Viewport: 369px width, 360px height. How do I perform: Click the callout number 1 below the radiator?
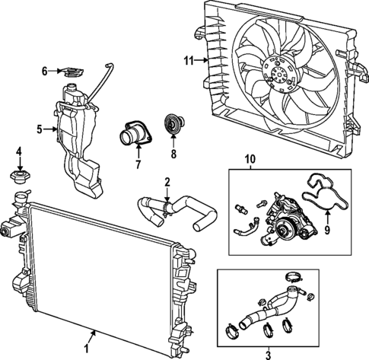pyautogui.click(x=85, y=348)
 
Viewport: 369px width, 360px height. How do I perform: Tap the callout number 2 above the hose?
pyautogui.click(x=167, y=183)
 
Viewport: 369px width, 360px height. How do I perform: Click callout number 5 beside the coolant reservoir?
pyautogui.click(x=39, y=129)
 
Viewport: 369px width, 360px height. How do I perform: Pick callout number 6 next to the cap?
pyautogui.click(x=45, y=72)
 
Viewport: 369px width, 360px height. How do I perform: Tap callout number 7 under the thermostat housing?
pyautogui.click(x=137, y=162)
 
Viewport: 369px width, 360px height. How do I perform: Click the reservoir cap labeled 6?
pyautogui.click(x=73, y=73)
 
